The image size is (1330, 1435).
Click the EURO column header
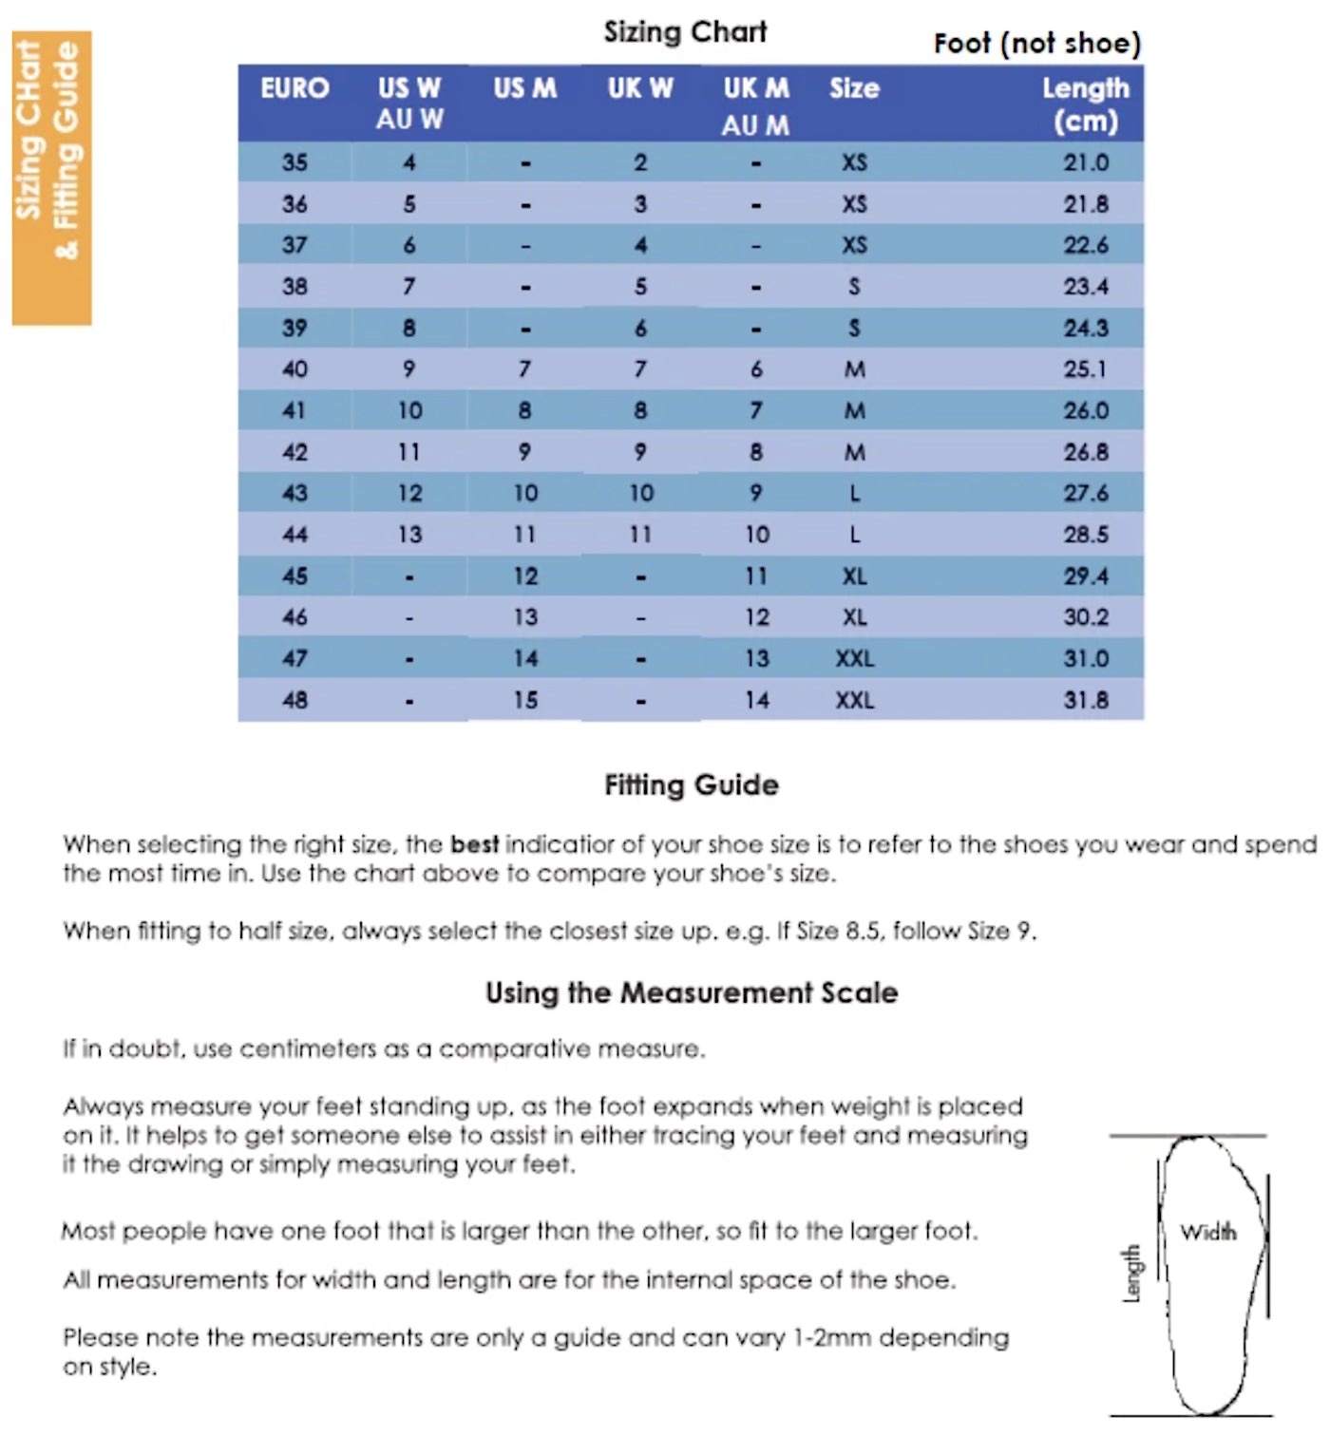point(294,88)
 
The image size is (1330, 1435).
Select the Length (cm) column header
point(1085,104)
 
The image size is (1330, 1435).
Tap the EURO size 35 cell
point(294,162)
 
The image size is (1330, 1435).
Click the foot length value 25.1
point(1085,368)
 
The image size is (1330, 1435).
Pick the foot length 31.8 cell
point(1085,700)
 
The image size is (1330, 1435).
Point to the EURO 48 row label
point(294,700)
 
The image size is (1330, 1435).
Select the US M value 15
point(525,700)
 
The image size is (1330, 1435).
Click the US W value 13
point(409,535)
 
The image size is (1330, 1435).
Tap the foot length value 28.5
point(1085,535)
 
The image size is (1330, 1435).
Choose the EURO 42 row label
point(294,452)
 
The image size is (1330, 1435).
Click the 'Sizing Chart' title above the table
point(685,32)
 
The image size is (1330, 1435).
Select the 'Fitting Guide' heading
point(691,784)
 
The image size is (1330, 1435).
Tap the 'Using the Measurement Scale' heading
point(691,992)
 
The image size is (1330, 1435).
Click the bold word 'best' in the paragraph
point(474,844)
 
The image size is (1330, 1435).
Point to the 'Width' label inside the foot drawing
point(1208,1232)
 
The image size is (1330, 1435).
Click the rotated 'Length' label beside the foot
point(1130,1273)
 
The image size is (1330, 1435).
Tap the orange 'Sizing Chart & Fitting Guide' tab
point(51,178)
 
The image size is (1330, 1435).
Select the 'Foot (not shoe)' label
point(1036,44)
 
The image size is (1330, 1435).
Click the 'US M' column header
point(524,88)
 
